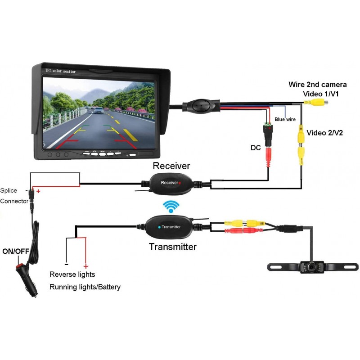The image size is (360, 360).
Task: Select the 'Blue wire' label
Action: (x=285, y=120)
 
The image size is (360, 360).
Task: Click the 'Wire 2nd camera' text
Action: (x=318, y=85)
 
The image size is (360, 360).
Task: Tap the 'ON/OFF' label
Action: (x=16, y=251)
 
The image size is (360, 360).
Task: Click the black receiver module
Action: (x=170, y=183)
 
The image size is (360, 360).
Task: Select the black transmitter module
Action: (x=170, y=227)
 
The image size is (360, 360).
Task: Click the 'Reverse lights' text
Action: (x=72, y=274)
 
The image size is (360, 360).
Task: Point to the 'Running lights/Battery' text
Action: (x=85, y=287)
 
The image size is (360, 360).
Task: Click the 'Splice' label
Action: (x=9, y=190)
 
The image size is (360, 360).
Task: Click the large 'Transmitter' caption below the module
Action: (x=173, y=247)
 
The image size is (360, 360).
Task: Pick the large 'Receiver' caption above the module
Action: (x=171, y=166)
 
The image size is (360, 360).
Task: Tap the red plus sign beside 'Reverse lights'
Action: (x=85, y=266)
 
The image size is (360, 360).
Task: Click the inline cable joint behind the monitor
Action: (x=200, y=106)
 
